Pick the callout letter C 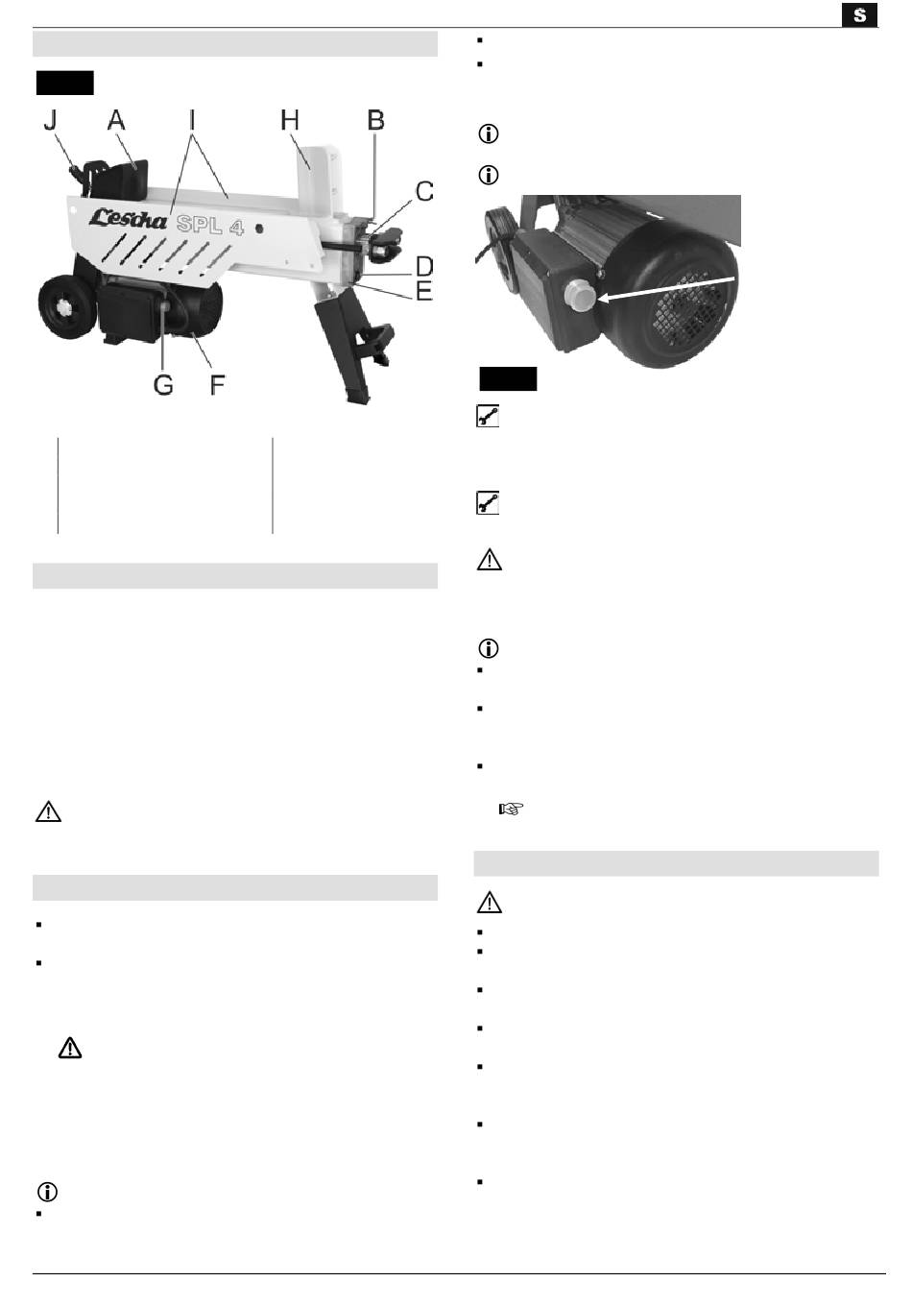(424, 191)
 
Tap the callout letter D (424, 266)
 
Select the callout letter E (424, 290)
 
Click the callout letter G (163, 385)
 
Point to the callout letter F (217, 385)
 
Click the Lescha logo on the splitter (128, 218)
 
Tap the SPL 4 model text (210, 225)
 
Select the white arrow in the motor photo (666, 289)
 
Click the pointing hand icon (511, 809)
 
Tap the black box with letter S (859, 15)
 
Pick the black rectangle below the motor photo (508, 379)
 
